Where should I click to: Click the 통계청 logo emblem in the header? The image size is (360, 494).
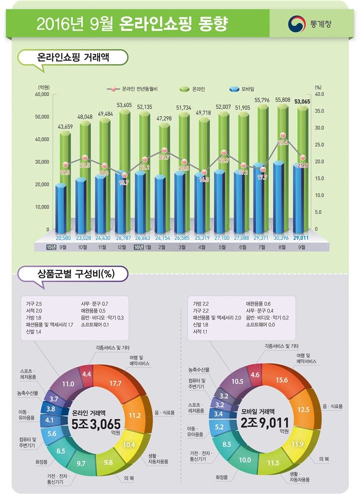(294, 24)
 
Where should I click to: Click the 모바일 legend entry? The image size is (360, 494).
(245, 89)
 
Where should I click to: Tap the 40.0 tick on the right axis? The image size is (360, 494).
(319, 94)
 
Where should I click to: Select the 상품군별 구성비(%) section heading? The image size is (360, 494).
(74, 274)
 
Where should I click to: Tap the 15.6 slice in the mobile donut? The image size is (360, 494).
(282, 380)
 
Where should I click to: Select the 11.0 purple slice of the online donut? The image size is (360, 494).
(68, 383)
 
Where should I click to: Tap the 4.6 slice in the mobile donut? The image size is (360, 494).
(255, 374)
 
